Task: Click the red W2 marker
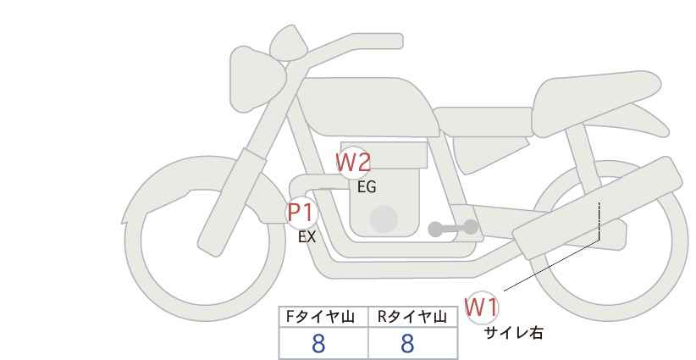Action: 353,163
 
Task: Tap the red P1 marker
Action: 301,213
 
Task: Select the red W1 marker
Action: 482,307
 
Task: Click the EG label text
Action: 367,187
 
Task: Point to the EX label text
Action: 307,237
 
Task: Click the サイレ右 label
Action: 513,333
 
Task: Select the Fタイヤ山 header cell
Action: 323,317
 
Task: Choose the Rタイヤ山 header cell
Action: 413,317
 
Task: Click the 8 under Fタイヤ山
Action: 318,343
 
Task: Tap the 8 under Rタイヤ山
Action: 407,343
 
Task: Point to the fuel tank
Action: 368,107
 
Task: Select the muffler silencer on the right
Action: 597,208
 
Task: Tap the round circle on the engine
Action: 384,219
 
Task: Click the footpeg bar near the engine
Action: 453,228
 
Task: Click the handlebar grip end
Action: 397,42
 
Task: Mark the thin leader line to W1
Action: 552,265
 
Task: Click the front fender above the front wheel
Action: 200,196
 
